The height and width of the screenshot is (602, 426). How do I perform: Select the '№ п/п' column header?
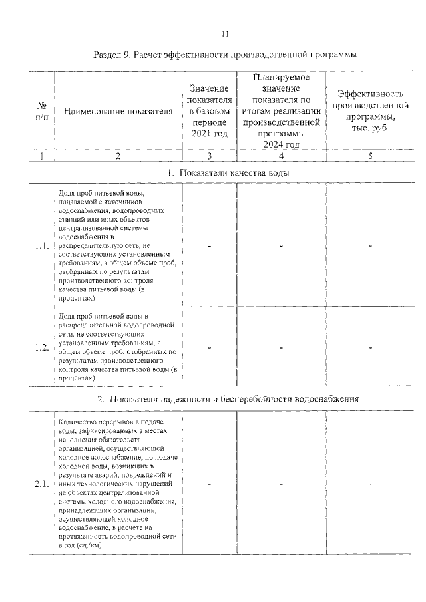click(41, 111)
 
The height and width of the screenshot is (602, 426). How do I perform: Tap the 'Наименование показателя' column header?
click(118, 111)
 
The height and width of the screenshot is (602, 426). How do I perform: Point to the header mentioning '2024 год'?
click(282, 111)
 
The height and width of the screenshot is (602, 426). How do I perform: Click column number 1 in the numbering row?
click(41, 156)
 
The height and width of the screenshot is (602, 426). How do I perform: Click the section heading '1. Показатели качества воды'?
click(225, 174)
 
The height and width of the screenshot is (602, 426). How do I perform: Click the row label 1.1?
click(42, 247)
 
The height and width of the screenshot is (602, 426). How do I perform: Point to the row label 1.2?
click(42, 347)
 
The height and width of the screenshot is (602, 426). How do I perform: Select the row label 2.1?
click(42, 484)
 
